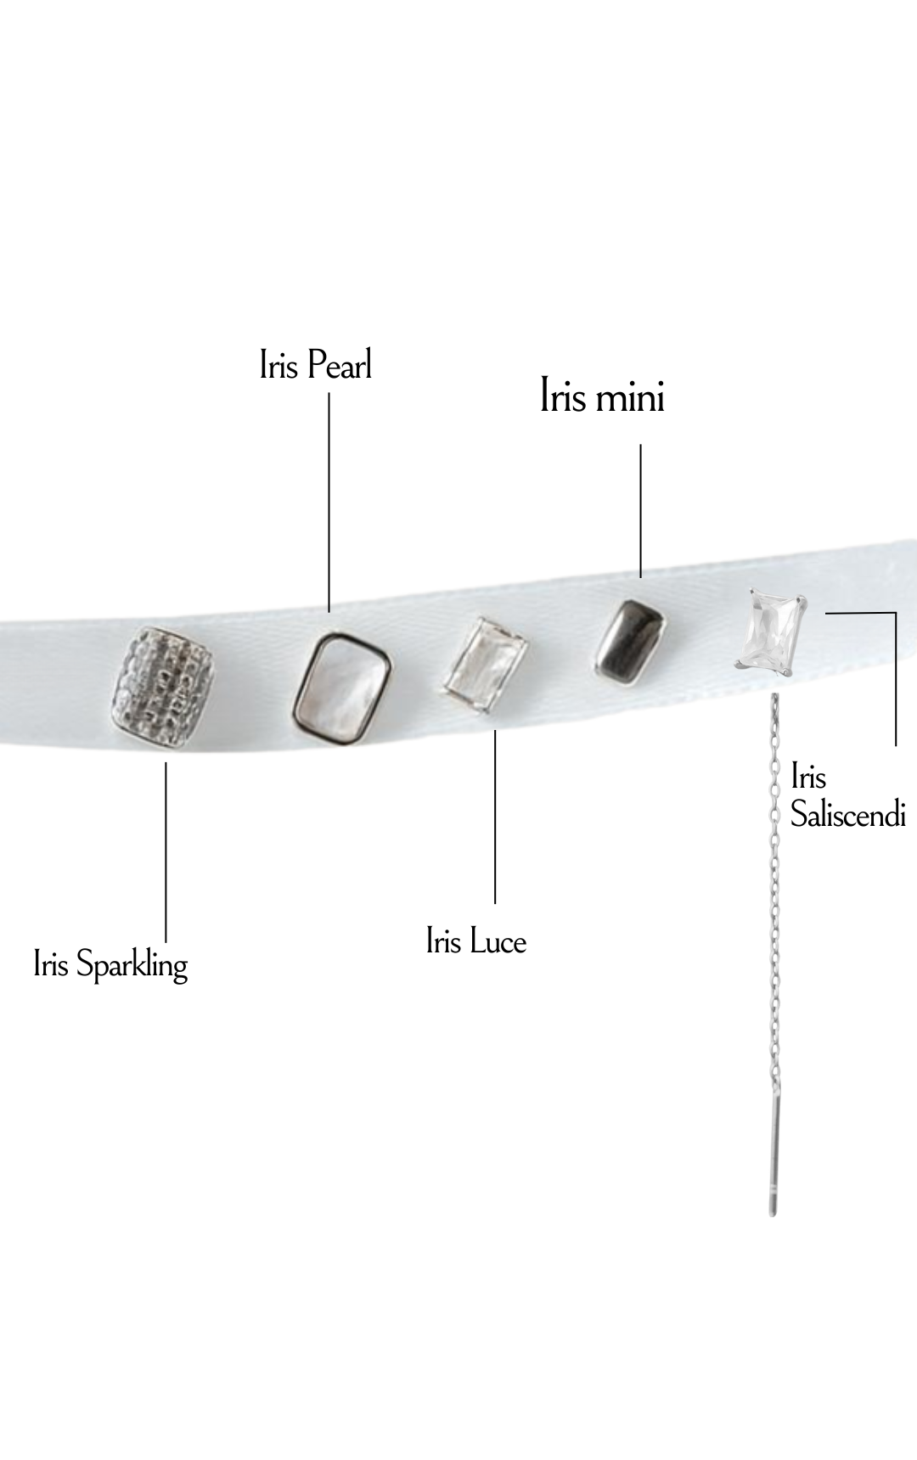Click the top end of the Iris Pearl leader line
[x=329, y=392]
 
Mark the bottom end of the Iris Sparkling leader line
[x=166, y=941]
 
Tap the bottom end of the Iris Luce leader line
[x=495, y=902]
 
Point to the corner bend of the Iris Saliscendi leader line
[x=896, y=612]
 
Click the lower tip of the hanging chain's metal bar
[x=772, y=1215]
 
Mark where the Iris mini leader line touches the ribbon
[x=640, y=577]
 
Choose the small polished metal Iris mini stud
[x=631, y=640]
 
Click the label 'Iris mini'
[x=602, y=396]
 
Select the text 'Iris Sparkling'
[x=110, y=966]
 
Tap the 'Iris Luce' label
[x=476, y=941]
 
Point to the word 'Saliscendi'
[x=848, y=814]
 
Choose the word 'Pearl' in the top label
[x=340, y=365]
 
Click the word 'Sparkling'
[x=132, y=967]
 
